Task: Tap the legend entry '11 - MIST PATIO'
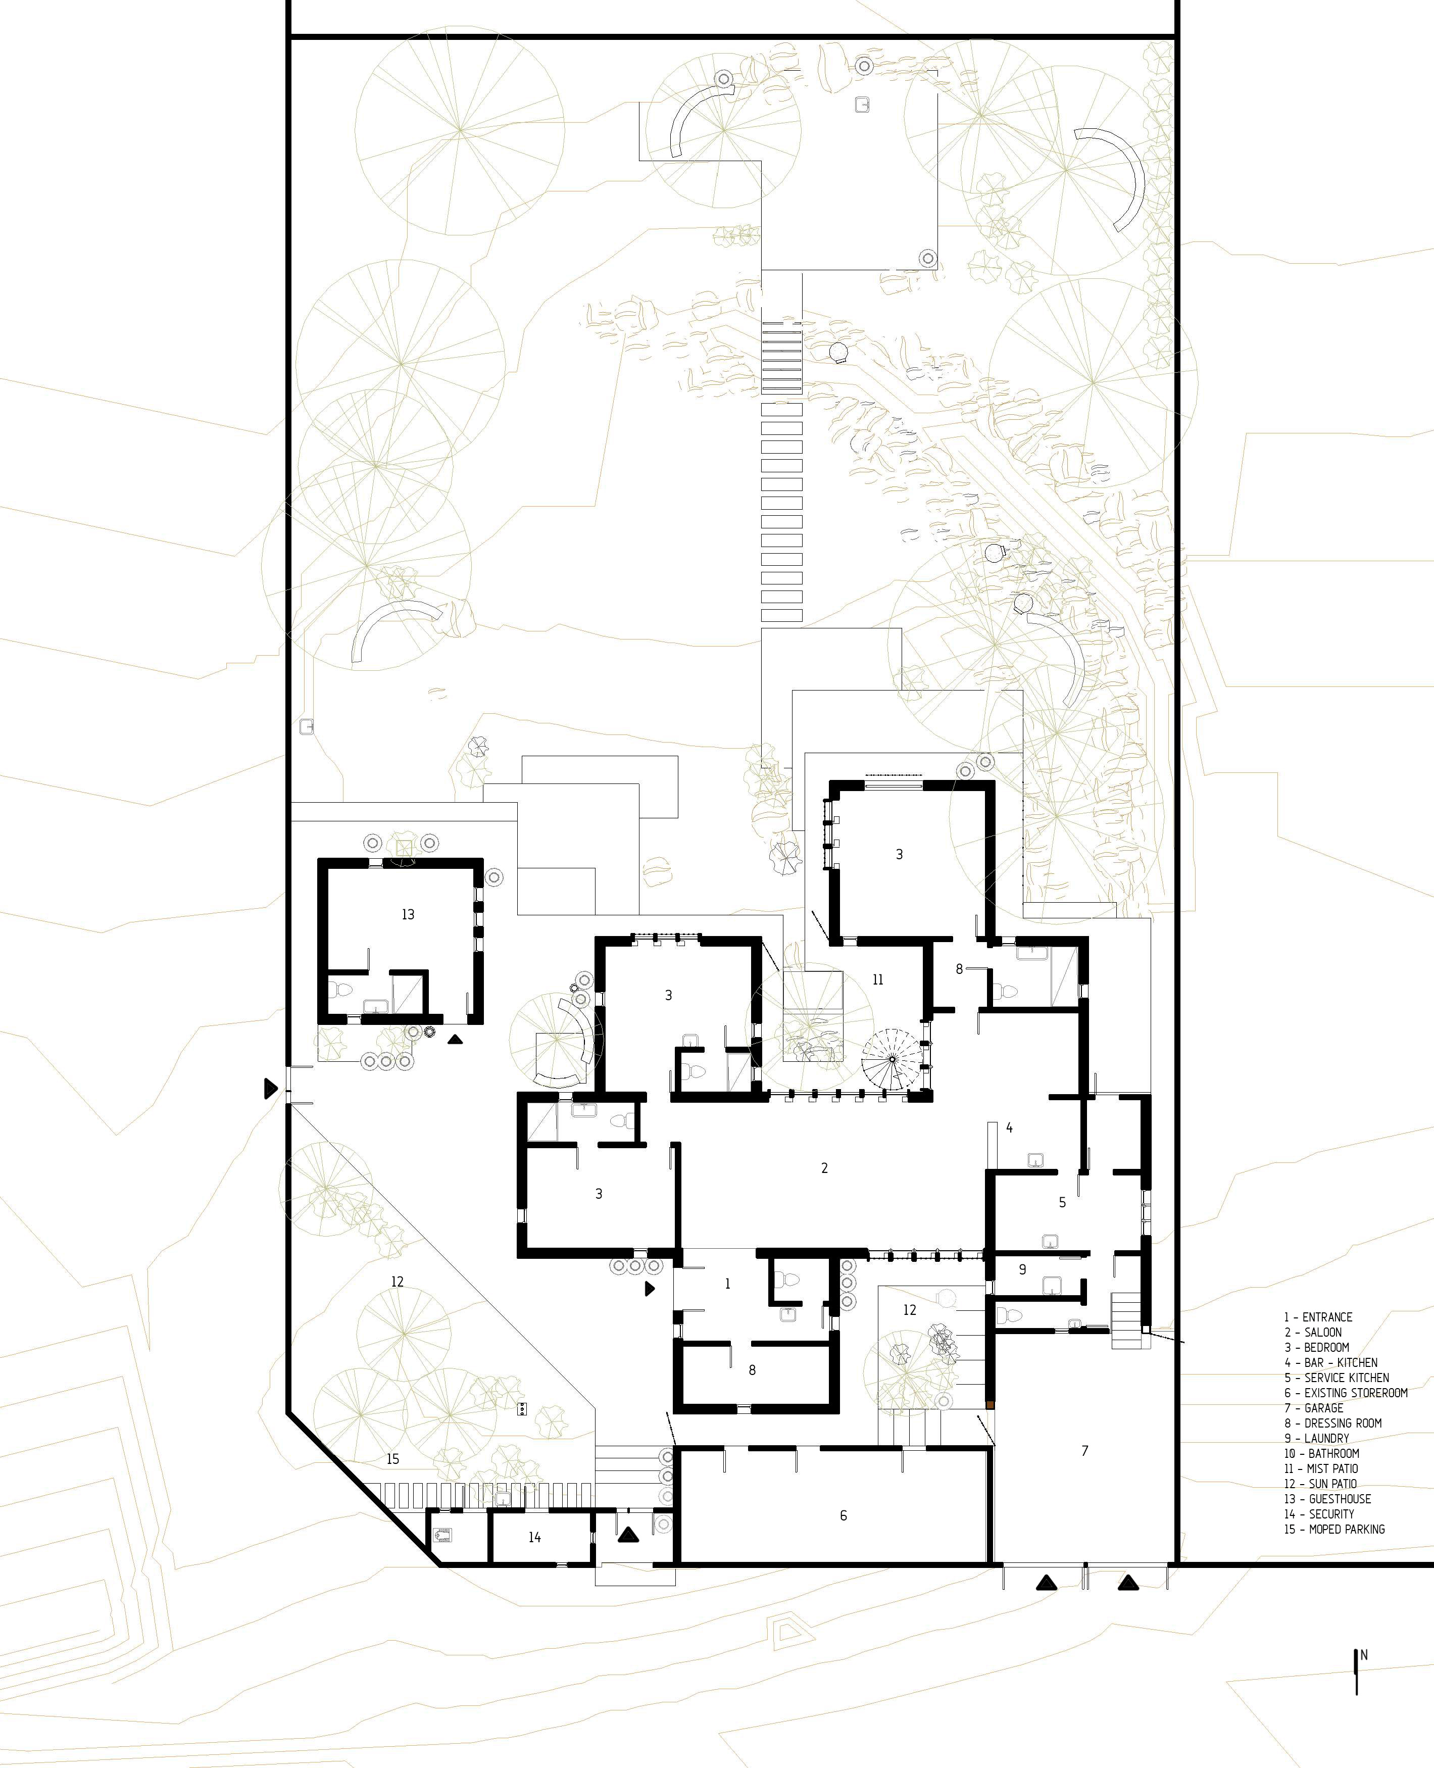(1321, 1468)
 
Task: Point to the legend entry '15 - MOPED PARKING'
(1334, 1529)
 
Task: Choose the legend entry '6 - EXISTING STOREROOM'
(1346, 1393)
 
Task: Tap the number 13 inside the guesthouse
(408, 915)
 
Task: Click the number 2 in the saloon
(824, 1167)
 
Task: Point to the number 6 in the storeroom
(844, 1515)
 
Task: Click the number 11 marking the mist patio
(877, 980)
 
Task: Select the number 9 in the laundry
(1023, 1269)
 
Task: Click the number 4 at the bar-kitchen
(1009, 1127)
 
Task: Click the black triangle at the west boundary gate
(269, 1089)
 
